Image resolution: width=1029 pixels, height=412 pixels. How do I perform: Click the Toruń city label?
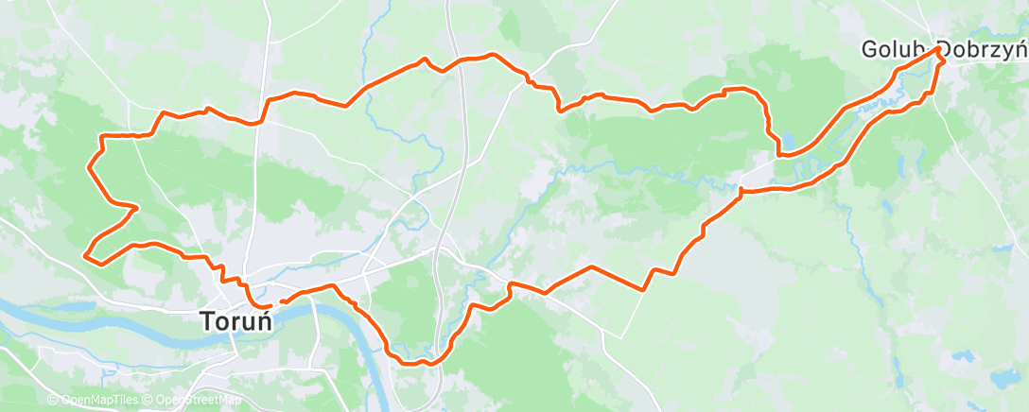coord(236,321)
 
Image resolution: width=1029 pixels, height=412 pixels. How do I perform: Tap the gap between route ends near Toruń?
coord(278,301)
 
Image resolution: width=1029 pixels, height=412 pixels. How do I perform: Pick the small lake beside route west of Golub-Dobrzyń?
coord(787,144)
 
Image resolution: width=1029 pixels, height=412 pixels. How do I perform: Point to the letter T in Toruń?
coord(207,321)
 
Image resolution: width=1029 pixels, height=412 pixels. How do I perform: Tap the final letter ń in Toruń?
coord(264,321)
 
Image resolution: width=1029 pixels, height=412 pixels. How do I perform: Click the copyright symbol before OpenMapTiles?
coord(52,401)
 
